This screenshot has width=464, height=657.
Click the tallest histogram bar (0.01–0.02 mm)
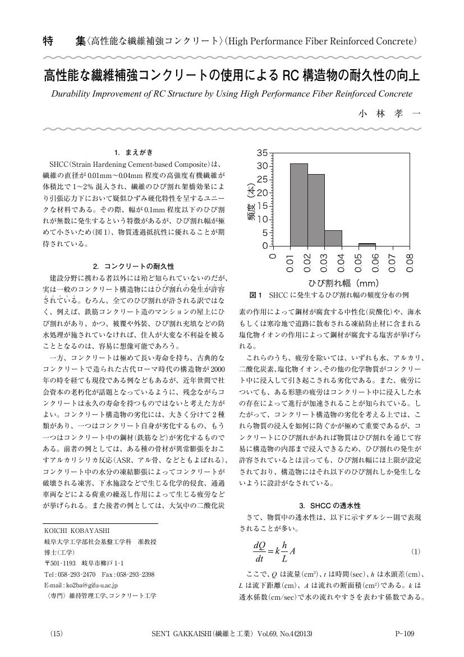click(299, 205)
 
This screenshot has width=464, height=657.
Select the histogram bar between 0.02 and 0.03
click(316, 210)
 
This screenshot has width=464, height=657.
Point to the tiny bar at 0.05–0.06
click(367, 245)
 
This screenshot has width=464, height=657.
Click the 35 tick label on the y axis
click(262, 153)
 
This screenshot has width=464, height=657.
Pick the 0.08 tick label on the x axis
click(410, 263)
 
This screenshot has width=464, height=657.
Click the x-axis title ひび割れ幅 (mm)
click(343, 283)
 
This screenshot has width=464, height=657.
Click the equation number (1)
click(416, 552)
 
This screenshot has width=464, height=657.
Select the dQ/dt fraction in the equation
click(259, 552)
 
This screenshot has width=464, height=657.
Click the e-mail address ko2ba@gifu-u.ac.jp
click(81, 585)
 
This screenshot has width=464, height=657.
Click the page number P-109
click(405, 634)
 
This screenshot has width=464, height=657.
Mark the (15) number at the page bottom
click(57, 634)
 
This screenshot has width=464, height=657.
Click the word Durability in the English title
click(73, 94)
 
